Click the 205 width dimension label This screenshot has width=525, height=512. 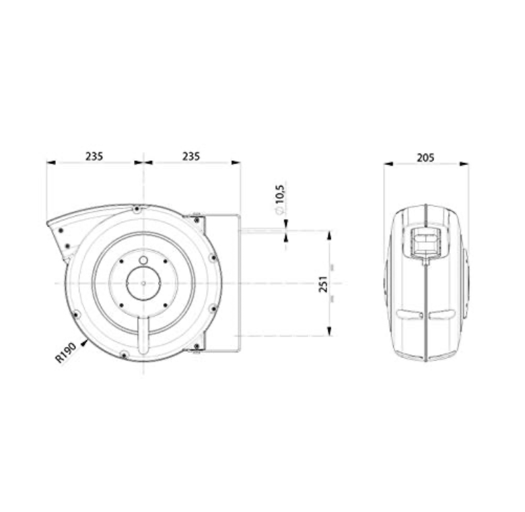point(425,157)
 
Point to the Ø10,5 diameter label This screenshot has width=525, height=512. point(280,199)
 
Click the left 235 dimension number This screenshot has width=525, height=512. point(94,156)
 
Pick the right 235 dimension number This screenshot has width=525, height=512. point(191,156)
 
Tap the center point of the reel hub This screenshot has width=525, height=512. point(143,283)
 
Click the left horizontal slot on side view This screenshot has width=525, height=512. point(409,315)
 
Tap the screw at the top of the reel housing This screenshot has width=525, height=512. point(137,209)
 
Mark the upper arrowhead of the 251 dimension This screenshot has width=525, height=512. point(329,235)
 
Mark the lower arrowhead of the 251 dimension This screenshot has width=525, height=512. point(329,331)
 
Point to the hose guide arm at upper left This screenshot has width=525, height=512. point(67,232)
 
